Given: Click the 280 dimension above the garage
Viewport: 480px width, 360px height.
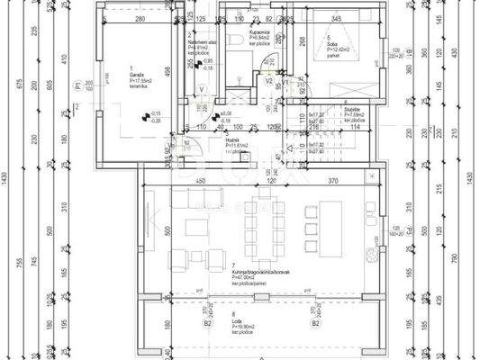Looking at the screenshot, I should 140,19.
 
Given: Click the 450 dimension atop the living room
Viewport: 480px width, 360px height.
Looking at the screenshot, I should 202,181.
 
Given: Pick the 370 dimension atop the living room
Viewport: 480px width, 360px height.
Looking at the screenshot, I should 334,181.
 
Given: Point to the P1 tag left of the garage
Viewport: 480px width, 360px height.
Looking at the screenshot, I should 79,86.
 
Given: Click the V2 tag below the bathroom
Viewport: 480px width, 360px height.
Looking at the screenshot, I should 268,80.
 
